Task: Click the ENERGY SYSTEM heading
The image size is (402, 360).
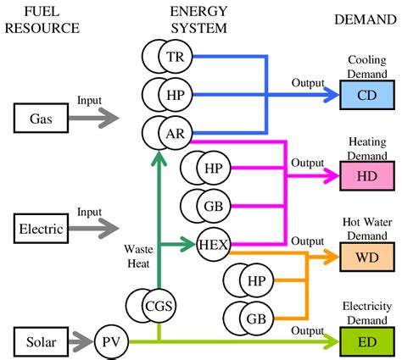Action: pos(198,19)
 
